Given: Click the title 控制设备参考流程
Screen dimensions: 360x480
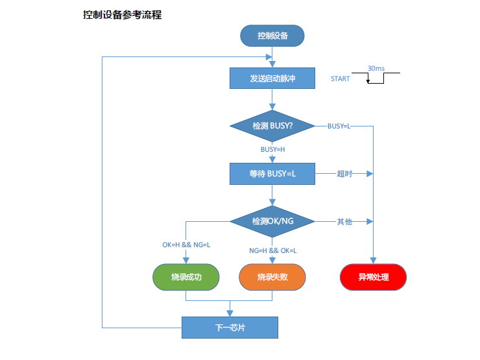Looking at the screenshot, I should tap(122, 15).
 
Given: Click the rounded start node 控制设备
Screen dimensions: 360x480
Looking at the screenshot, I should tap(272, 36).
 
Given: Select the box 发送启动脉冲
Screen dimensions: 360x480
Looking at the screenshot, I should tap(272, 78).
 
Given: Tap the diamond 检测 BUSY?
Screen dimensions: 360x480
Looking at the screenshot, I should tap(272, 125).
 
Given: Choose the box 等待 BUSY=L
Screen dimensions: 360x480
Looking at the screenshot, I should tap(272, 174).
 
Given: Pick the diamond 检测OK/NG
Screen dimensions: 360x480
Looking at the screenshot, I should tap(272, 221).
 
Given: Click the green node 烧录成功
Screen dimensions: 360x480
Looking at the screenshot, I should tap(186, 277).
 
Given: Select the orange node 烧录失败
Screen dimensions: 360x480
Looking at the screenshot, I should tap(272, 277).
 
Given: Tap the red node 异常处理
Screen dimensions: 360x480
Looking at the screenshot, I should tap(374, 277).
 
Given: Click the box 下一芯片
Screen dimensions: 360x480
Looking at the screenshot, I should tap(230, 328).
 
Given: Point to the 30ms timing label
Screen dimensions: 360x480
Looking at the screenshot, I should tap(376, 67).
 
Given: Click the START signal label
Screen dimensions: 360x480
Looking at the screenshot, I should tap(340, 79).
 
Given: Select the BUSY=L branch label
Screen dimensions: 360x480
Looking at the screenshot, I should tap(339, 125).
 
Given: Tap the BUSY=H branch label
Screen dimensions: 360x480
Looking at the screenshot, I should tap(272, 149).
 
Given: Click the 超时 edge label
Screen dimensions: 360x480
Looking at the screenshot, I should tap(344, 174).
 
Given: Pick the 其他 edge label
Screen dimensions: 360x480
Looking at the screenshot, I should tap(344, 221).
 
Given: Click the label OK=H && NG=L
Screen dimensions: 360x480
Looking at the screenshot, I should tap(186, 245).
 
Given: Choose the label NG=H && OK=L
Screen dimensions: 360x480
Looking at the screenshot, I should tap(272, 250).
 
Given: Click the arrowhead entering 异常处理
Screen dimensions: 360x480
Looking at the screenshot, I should tap(374, 261).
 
